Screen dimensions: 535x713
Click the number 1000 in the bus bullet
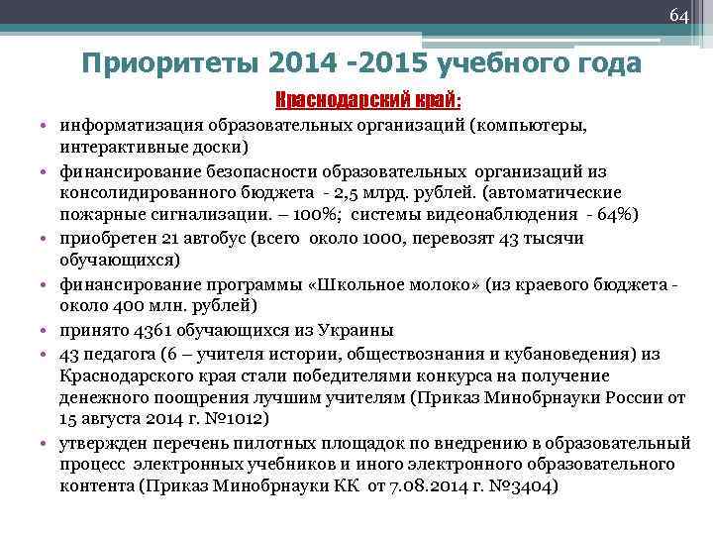(x=374, y=239)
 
